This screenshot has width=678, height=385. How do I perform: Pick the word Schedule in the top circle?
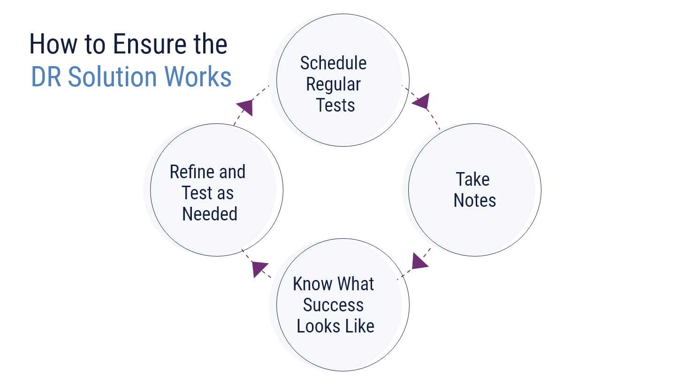pyautogui.click(x=333, y=63)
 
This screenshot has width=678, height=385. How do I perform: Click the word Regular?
pyautogui.click(x=333, y=84)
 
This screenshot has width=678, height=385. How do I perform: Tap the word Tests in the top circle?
pyautogui.click(x=335, y=105)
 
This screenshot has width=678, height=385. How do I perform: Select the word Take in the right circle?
pyautogui.click(x=473, y=179)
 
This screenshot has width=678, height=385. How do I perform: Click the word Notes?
pyautogui.click(x=475, y=200)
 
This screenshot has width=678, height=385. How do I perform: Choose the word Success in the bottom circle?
pyautogui.click(x=333, y=305)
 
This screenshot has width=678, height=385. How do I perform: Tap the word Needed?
pyautogui.click(x=210, y=214)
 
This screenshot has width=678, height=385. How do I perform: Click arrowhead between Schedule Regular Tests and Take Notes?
pyautogui.click(x=421, y=101)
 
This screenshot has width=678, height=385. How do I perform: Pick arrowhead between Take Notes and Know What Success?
pyautogui.click(x=420, y=261)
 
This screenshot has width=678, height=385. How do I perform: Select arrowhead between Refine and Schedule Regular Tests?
pyautogui.click(x=245, y=107)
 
